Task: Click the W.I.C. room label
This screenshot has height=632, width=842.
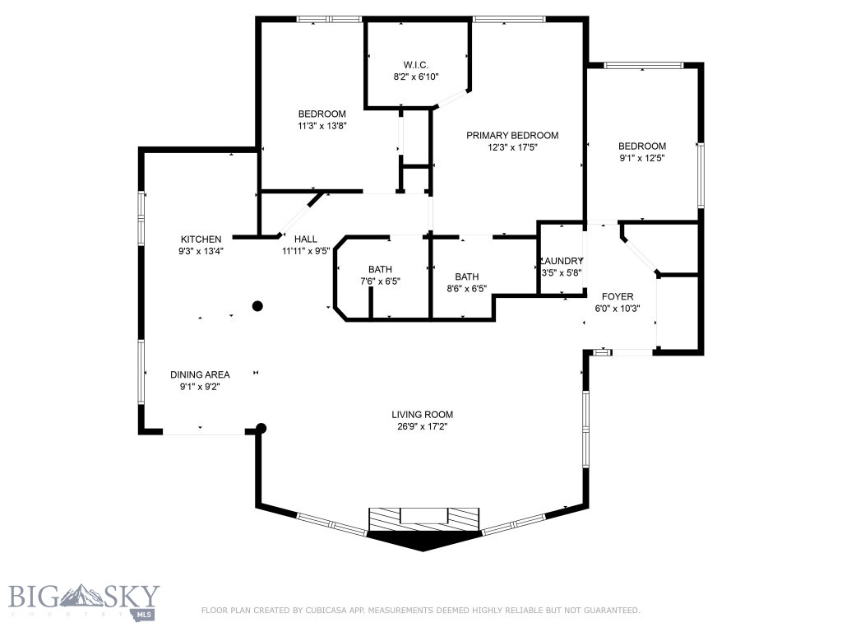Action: tap(415, 65)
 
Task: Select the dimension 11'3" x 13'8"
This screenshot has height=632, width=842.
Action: tap(322, 127)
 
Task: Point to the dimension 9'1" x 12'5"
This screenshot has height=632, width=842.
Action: tap(641, 159)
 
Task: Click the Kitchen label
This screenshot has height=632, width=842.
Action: tap(201, 239)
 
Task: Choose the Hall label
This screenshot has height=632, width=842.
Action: tap(305, 239)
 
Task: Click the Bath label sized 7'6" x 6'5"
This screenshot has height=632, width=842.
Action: tap(380, 269)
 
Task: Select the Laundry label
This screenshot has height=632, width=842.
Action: tap(561, 261)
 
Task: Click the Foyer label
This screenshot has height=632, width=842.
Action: tap(618, 296)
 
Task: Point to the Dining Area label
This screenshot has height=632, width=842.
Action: tap(200, 374)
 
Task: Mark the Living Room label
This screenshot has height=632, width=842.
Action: tap(422, 415)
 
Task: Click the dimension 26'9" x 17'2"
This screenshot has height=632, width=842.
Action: tap(422, 427)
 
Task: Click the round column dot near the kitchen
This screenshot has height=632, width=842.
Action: tap(257, 306)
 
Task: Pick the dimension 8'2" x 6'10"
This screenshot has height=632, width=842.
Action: tap(415, 77)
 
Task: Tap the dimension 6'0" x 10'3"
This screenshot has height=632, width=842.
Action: tap(618, 309)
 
